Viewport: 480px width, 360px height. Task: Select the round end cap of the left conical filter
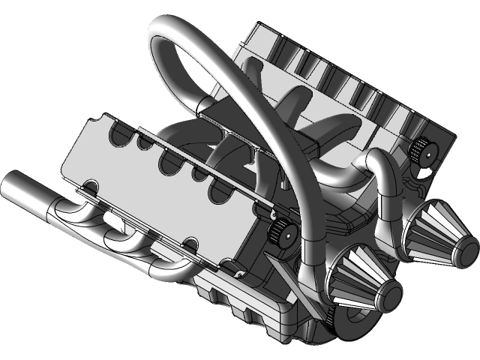pos(385,295)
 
